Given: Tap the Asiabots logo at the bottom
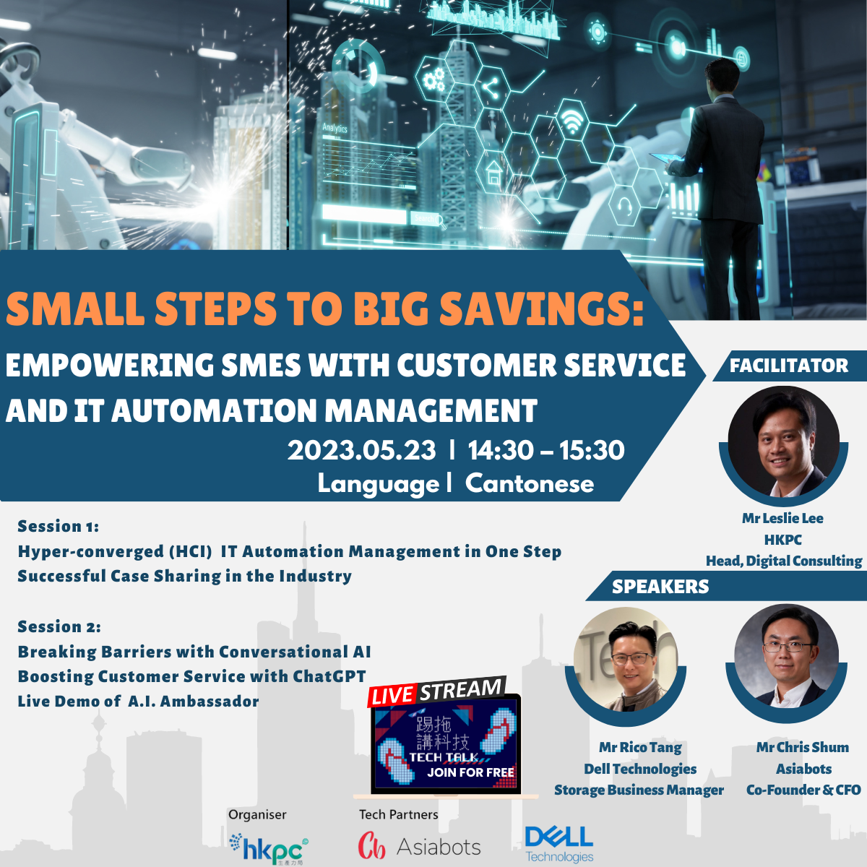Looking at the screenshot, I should [420, 846].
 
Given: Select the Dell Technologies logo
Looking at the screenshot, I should [559, 844].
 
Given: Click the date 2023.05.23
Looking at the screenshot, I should [362, 450].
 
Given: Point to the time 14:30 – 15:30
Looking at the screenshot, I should [546, 450].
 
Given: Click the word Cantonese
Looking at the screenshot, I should [530, 483].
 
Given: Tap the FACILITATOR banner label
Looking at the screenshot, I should [789, 366].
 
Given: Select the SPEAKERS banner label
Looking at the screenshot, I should [660, 586].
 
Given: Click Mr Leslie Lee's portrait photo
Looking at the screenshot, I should [783, 441].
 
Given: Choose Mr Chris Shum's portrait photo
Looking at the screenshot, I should [786, 656].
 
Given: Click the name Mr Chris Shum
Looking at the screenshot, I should [803, 747].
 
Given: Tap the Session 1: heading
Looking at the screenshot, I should [59, 526].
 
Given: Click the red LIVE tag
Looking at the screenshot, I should [392, 695].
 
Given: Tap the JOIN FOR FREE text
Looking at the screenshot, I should [470, 772].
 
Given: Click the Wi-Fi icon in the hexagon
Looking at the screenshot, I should [571, 120].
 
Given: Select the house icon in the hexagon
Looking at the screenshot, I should [494, 174].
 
